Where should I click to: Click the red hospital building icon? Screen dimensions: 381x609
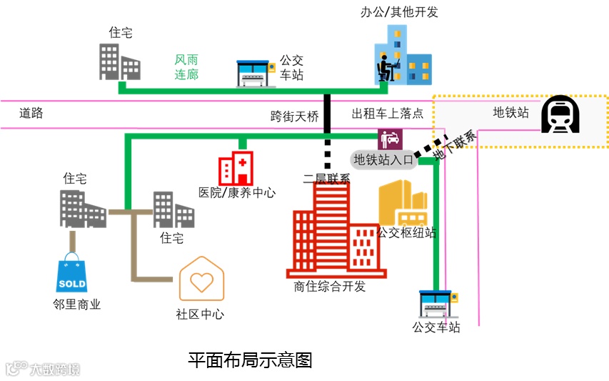point(236,168)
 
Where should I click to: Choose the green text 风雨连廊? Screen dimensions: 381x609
point(187,67)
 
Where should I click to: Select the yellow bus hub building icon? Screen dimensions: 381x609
point(405,204)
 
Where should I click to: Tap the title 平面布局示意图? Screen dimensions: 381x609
point(250,360)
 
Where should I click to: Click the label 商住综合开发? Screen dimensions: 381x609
point(329,287)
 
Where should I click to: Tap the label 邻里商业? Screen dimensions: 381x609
point(76,305)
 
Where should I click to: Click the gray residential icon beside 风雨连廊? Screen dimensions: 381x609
point(119,62)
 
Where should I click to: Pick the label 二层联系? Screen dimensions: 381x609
point(326,179)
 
